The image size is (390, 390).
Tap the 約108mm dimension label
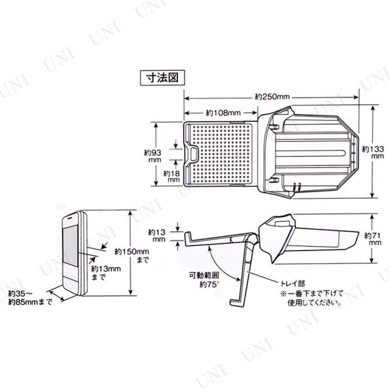point(222,112)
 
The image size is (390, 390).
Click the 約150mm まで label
point(138,255)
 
